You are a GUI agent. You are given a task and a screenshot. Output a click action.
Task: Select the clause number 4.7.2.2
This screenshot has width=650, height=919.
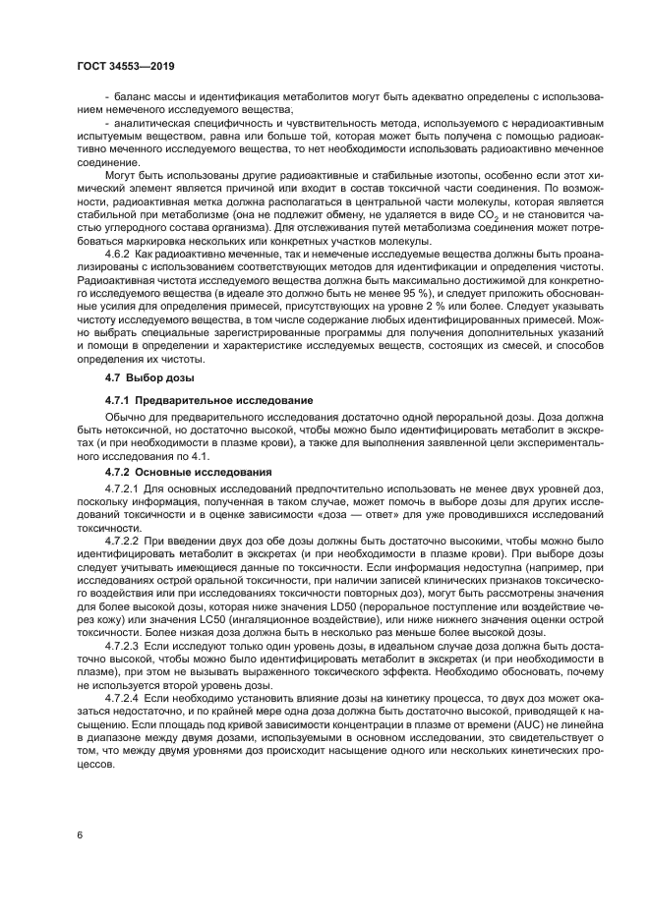tap(123, 541)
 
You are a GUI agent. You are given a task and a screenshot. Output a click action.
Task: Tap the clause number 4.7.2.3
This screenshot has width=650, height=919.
tap(123, 649)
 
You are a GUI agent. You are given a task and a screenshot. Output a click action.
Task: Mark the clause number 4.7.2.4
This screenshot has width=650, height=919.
tap(123, 695)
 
